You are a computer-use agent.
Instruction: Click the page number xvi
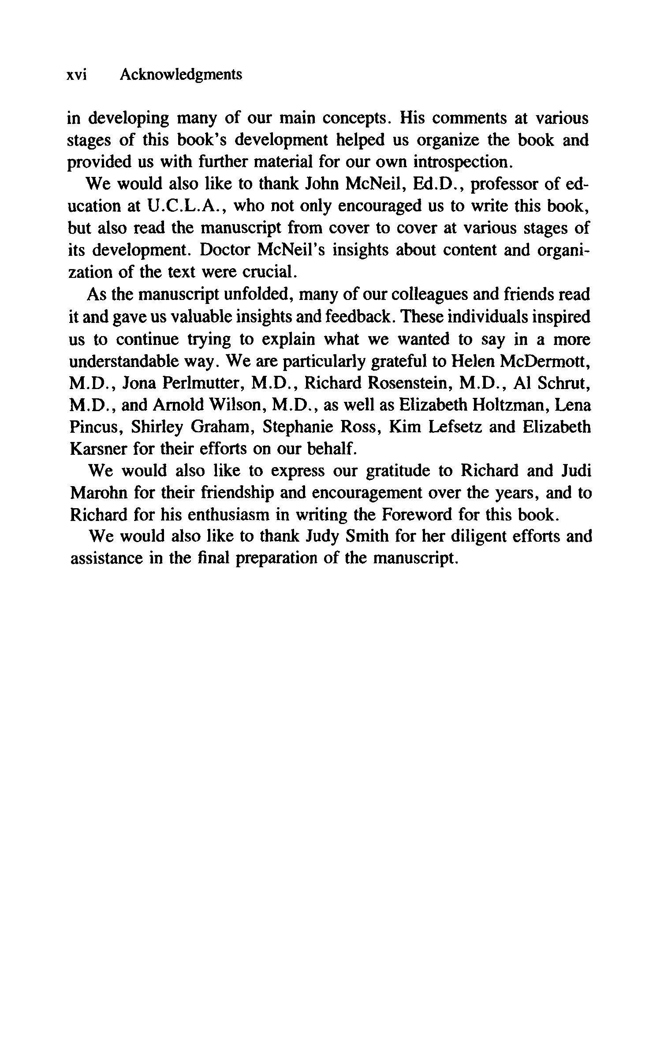tap(76, 75)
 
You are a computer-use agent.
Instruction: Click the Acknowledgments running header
tap(181, 75)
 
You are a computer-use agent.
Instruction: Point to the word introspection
tap(463, 162)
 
